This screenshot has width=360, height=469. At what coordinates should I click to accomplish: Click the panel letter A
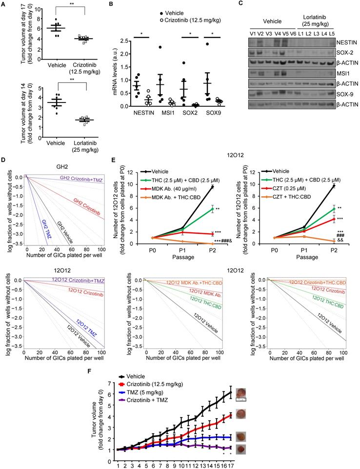point(4,4)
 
